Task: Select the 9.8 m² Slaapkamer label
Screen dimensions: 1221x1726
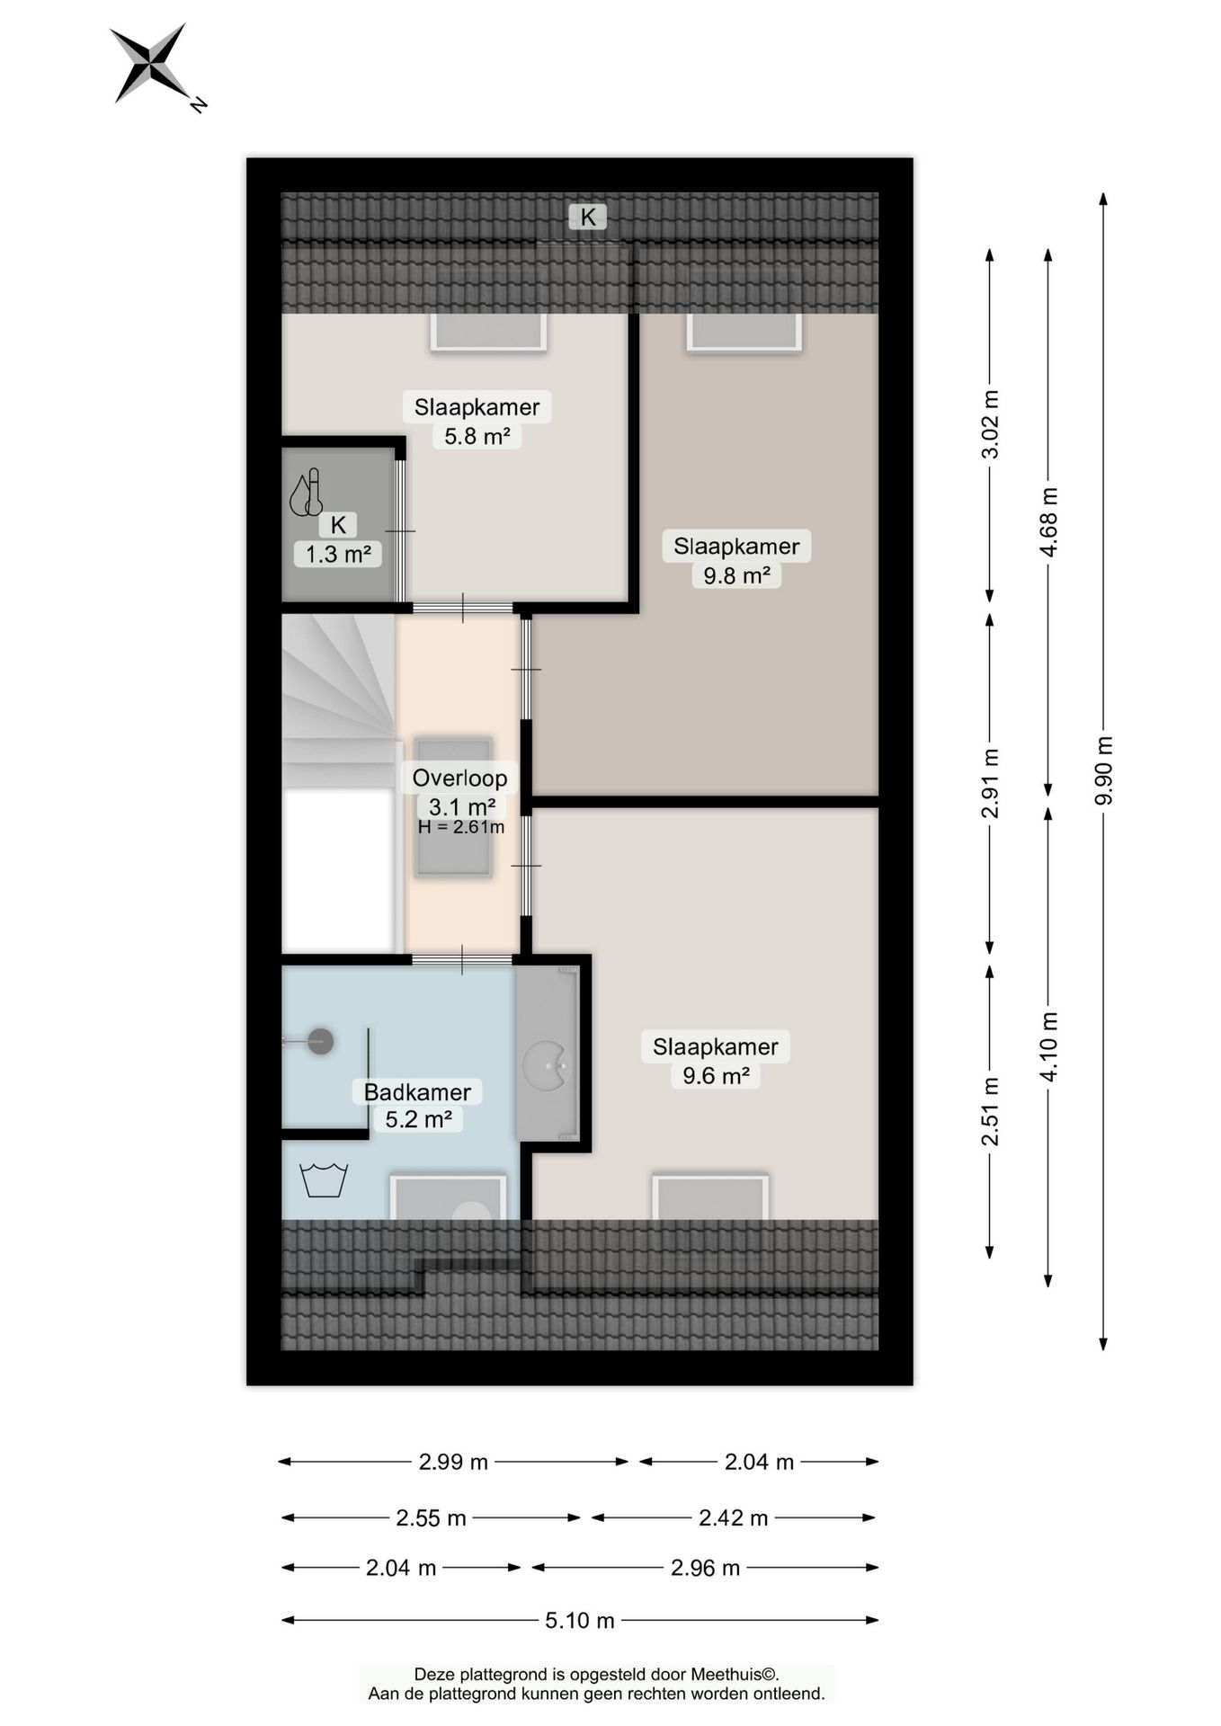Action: point(736,561)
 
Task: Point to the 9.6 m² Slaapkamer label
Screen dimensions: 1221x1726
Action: point(716,1061)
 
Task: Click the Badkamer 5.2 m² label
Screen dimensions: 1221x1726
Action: point(417,1106)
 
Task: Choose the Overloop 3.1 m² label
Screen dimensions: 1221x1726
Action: point(460,792)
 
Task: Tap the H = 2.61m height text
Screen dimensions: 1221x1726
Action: point(461,827)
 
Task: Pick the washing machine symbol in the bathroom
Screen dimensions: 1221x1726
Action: point(323,1179)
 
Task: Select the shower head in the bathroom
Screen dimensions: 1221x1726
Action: point(320,1042)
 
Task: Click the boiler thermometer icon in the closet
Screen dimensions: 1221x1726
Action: point(306,492)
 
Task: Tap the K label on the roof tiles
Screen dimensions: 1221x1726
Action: point(588,217)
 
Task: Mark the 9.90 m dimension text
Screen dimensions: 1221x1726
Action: point(1104,771)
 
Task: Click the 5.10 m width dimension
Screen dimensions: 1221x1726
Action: point(580,1620)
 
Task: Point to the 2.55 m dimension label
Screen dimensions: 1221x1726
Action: point(431,1517)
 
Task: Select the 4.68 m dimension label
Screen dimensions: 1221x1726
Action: point(1048,522)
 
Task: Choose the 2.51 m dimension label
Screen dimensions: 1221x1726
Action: point(990,1112)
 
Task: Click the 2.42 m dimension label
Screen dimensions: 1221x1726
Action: point(734,1517)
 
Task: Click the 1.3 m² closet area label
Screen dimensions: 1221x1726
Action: point(338,554)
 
